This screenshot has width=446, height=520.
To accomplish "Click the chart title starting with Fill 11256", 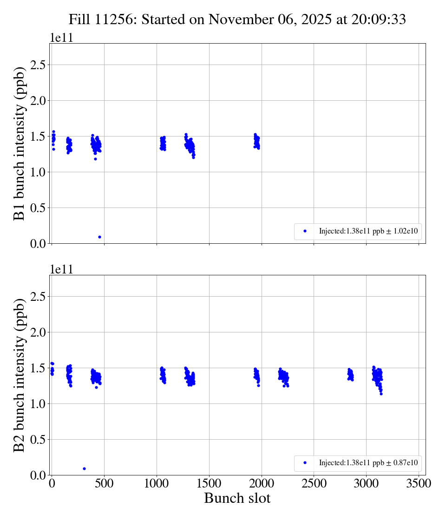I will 237,19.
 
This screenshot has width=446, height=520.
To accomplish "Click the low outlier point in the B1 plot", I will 99,237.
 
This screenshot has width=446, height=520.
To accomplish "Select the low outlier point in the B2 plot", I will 84,468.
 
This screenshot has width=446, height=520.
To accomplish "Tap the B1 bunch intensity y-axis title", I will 19,143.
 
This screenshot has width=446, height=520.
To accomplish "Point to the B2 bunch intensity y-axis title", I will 19,375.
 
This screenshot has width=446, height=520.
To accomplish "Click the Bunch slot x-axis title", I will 237,499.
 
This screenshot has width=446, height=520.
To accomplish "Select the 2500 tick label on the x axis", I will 314,484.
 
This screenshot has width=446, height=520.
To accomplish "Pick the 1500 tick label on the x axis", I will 209,484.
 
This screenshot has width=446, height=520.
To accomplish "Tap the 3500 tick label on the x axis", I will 419,484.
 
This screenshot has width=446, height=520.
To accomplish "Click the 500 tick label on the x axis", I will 104,484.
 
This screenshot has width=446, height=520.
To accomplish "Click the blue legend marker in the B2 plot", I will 305,462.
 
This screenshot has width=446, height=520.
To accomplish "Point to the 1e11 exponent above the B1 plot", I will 61,38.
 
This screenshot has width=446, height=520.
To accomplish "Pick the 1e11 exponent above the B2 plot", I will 61,270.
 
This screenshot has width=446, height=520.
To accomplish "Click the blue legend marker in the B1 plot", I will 305,231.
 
